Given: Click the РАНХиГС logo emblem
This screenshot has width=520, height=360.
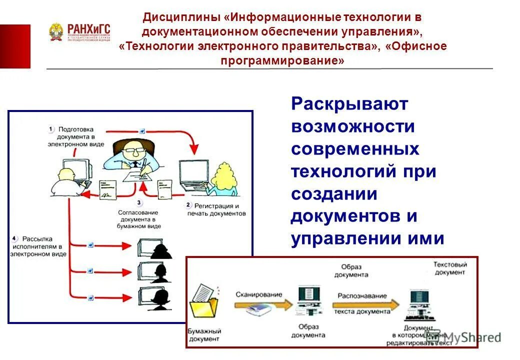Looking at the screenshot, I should (x=56, y=32).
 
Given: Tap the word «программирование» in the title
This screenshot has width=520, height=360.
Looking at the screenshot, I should (x=282, y=60).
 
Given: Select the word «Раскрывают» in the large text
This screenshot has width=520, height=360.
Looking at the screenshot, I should (x=349, y=104).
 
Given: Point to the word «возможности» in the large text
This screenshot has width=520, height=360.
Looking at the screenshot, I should (x=353, y=126).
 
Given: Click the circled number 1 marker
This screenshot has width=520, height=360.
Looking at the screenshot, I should (x=51, y=129).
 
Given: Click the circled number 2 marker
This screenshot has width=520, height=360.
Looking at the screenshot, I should (x=188, y=205).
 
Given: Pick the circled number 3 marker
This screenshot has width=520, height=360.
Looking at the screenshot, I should (x=139, y=203).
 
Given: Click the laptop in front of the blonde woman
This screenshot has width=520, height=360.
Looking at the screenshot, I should (x=194, y=176).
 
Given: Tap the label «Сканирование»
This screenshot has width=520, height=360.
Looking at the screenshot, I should (x=258, y=294).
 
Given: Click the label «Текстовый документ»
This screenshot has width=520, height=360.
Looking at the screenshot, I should (x=450, y=268).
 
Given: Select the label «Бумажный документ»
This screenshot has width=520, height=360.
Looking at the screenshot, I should (x=203, y=335).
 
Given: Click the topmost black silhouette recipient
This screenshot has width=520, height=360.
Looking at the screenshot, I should (x=160, y=250).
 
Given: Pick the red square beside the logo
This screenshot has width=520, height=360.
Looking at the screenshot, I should (x=15, y=46).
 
